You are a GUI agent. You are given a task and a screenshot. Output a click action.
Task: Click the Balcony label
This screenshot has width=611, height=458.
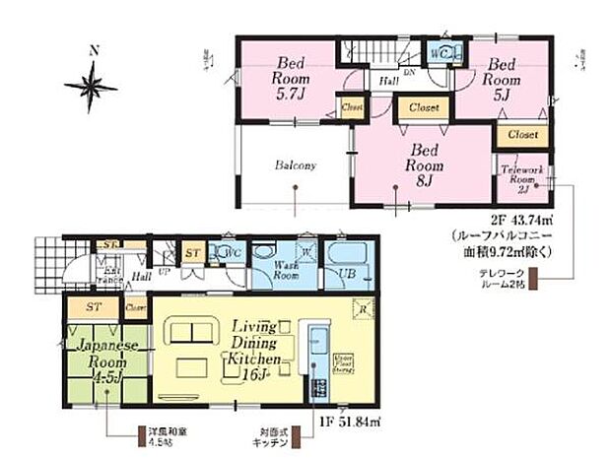click(x=295, y=166)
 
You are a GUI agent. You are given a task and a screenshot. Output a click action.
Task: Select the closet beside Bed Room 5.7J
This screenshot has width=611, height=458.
click(x=351, y=105)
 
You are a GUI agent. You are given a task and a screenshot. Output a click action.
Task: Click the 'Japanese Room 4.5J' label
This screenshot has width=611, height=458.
click(x=102, y=359)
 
